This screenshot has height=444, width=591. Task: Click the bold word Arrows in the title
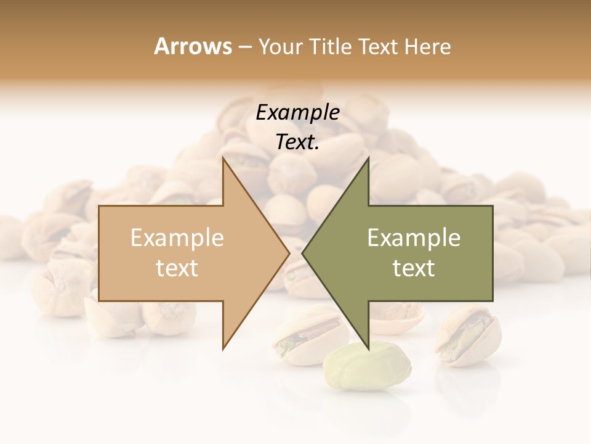193,46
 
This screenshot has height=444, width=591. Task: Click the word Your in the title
281,46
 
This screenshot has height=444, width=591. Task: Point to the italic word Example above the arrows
297,113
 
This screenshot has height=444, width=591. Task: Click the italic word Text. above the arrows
297,142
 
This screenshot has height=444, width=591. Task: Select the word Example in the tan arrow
177,238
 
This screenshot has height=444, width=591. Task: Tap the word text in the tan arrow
177,268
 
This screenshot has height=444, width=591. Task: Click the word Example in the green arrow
414,238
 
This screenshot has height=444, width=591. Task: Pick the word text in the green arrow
414,268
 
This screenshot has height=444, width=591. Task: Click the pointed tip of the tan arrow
289,253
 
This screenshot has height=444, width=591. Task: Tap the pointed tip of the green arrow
303,253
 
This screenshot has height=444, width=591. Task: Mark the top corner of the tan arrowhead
223,159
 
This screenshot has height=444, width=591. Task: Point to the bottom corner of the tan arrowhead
223,348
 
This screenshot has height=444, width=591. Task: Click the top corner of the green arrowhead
368,159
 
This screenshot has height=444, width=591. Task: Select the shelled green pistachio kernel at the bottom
368,366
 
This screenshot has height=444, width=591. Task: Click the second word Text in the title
378,46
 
